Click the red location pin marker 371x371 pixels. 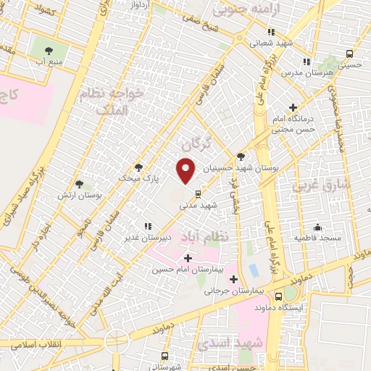[x=186, y=170]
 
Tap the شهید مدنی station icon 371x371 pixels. [x=198, y=193]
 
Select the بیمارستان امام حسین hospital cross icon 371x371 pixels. [x=188, y=258]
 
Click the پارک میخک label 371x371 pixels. [x=137, y=177]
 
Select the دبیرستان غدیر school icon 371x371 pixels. [x=148, y=225]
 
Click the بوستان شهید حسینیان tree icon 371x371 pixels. [x=241, y=157]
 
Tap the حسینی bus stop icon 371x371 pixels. [x=350, y=54]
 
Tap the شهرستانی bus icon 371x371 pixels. [x=164, y=356]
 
